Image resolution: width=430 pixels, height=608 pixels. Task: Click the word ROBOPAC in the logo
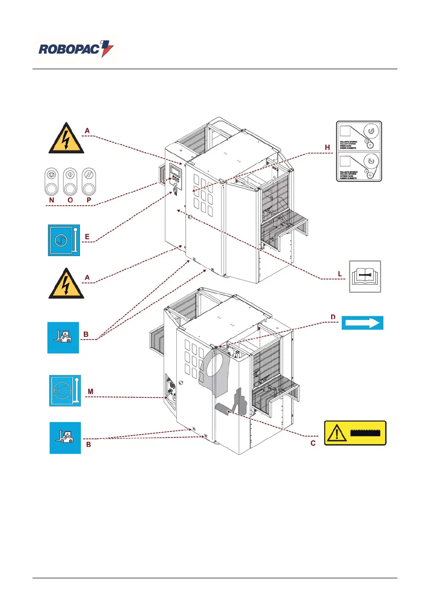[68, 49]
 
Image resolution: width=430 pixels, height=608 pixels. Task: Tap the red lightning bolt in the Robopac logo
[107, 48]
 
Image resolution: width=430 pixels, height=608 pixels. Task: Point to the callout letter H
[327, 147]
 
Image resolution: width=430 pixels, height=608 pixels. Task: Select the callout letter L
[340, 274]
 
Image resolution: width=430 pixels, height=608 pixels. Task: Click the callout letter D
[333, 317]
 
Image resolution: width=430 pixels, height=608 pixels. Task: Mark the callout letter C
[313, 443]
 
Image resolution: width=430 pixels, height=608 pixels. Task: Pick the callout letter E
[87, 237]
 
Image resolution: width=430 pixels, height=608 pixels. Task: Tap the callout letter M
[90, 391]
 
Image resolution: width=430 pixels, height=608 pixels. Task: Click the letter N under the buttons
[52, 200]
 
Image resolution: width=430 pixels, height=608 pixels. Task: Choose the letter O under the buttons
[70, 200]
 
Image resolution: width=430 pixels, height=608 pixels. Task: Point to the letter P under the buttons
[89, 200]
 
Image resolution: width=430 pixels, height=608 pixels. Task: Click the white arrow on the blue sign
[362, 323]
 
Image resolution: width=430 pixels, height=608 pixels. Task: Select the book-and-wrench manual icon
[365, 277]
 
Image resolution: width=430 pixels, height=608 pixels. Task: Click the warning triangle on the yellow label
[336, 433]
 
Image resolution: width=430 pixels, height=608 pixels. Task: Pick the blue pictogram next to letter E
[64, 240]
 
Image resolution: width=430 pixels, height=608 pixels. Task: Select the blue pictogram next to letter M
[65, 391]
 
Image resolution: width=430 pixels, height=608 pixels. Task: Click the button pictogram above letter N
[52, 181]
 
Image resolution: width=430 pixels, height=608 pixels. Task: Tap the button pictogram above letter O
[70, 181]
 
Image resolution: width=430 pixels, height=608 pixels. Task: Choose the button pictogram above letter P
[89, 181]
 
